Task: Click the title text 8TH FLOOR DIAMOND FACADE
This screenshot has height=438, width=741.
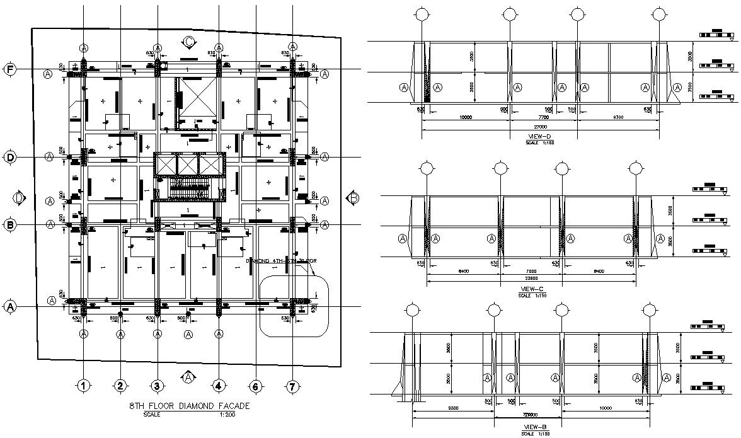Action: [x=190, y=406]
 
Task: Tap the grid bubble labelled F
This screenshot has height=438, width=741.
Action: [x=10, y=69]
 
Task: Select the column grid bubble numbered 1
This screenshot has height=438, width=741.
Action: [x=84, y=386]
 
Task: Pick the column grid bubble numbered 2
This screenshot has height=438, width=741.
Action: [x=120, y=386]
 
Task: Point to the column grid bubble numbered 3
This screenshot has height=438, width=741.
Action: [x=158, y=386]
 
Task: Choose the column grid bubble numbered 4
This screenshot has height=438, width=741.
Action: [x=219, y=386]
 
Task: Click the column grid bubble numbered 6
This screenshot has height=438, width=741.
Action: [x=256, y=386]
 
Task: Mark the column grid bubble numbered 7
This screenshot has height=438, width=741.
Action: [x=292, y=386]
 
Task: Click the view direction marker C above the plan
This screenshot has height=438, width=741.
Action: [x=188, y=42]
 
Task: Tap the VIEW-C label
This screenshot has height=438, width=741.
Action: [x=528, y=289]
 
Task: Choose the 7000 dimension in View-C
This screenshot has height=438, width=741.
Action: [x=531, y=270]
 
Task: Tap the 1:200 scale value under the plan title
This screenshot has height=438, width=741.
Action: [x=228, y=415]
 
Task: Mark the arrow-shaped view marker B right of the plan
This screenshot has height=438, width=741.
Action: [x=353, y=198]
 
